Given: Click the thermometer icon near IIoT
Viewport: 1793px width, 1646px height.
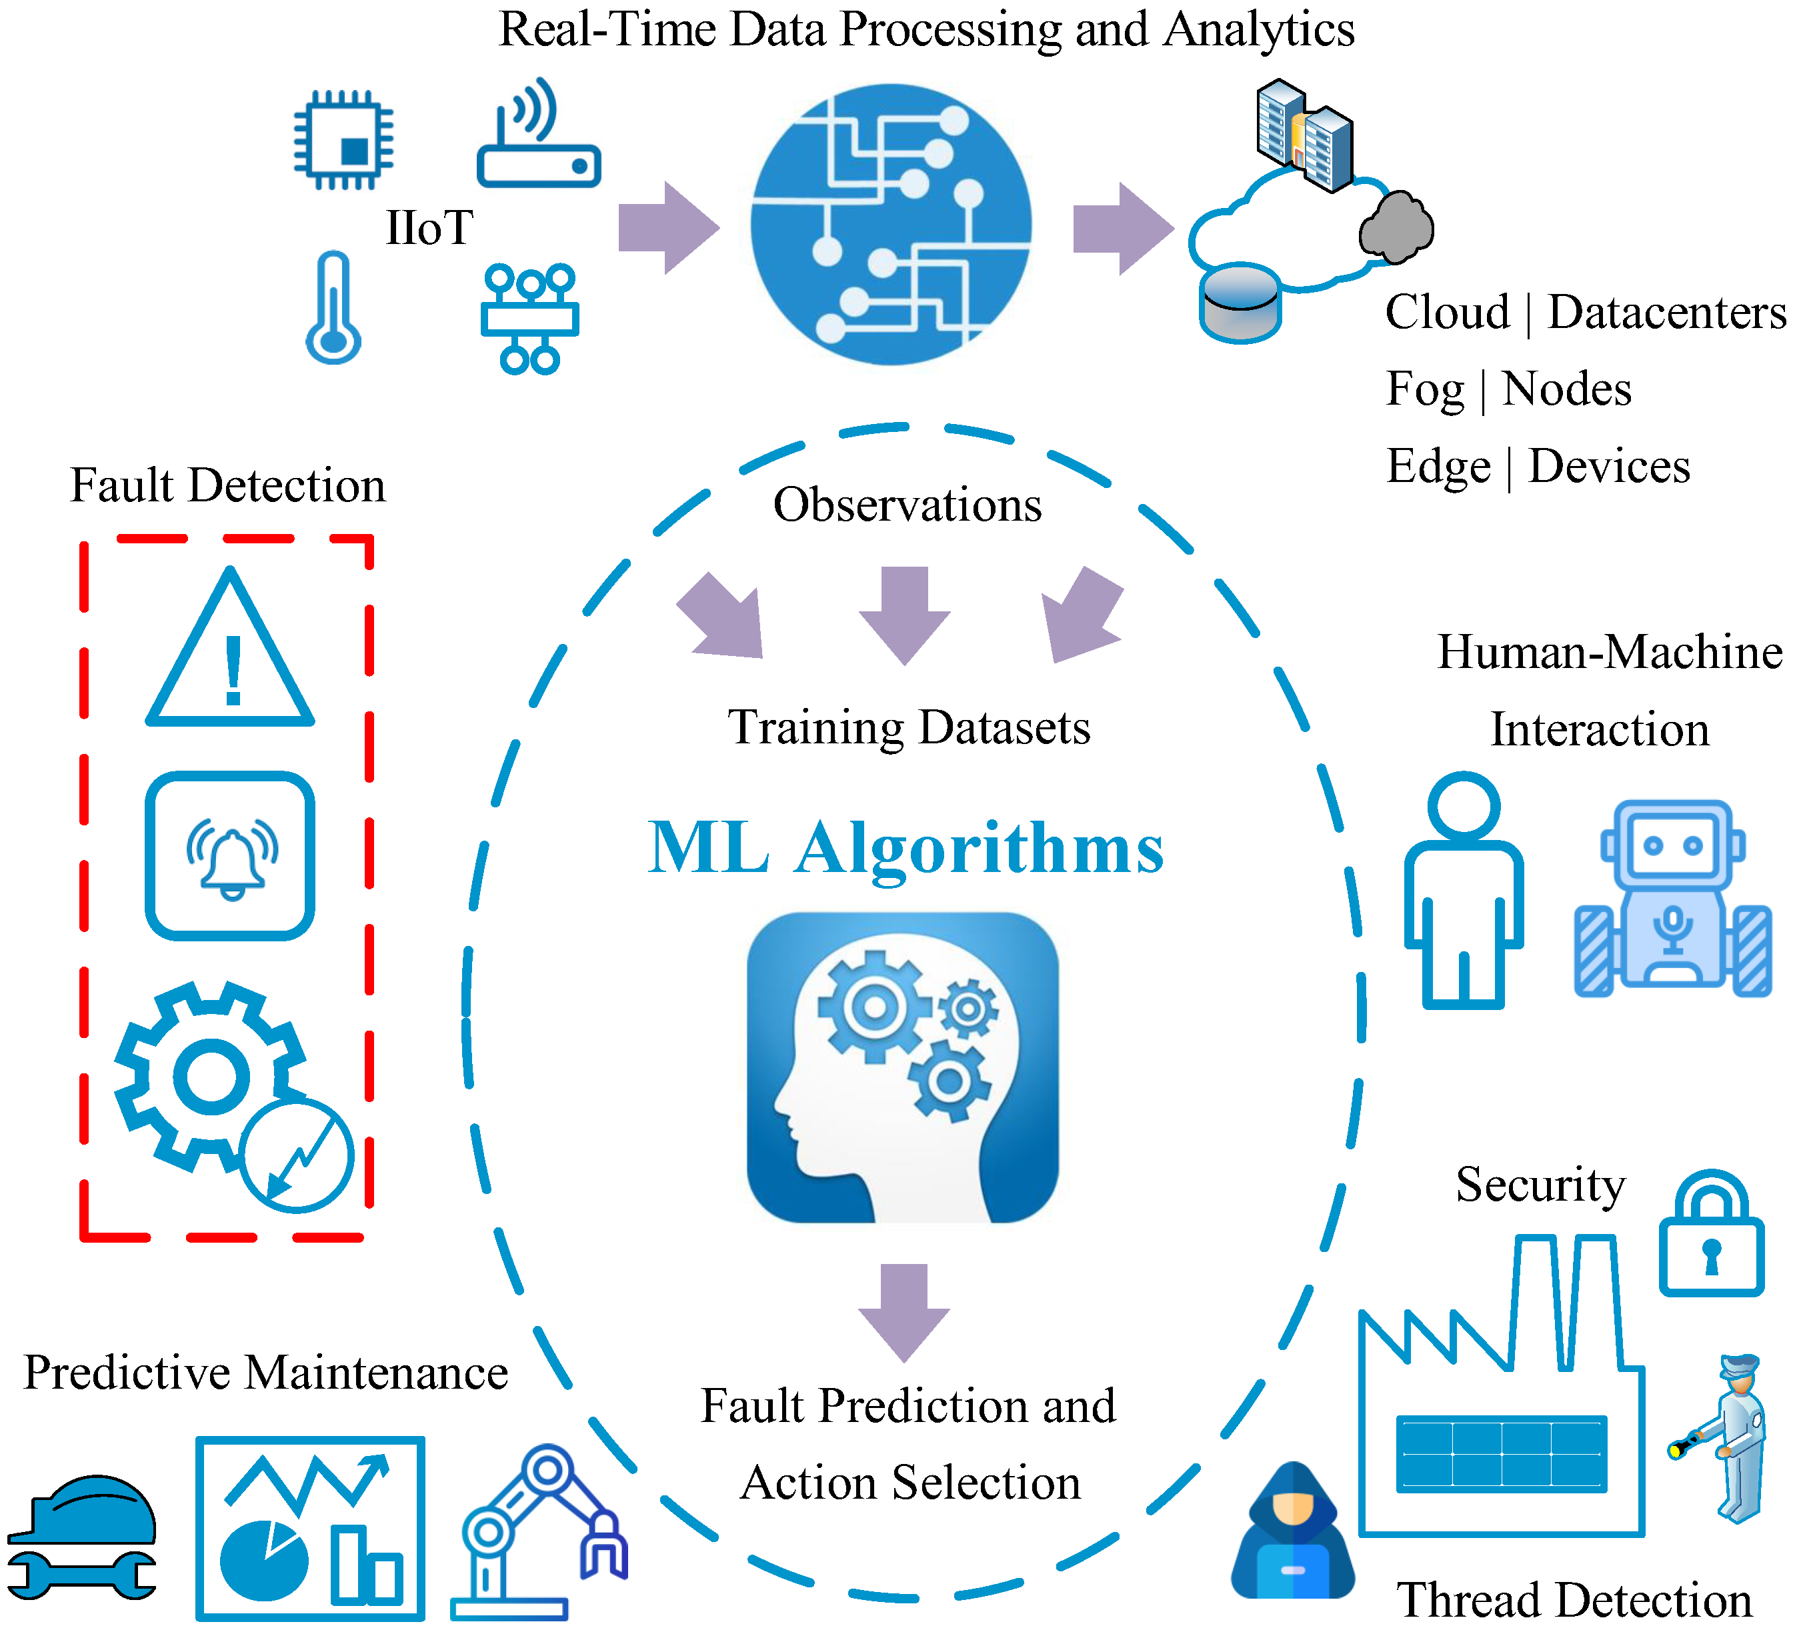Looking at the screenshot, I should tap(333, 308).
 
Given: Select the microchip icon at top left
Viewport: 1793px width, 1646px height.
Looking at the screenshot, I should tap(344, 140).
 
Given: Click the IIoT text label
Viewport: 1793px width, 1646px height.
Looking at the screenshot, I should tap(429, 228).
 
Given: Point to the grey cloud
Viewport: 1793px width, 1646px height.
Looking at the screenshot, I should tap(1396, 228).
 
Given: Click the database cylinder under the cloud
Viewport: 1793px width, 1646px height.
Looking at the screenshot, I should tap(1240, 303).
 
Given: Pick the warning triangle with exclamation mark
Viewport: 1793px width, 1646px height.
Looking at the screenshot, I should tap(230, 653).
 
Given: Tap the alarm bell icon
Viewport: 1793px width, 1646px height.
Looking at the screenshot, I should tap(231, 855).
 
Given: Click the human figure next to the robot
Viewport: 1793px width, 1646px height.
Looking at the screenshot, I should tap(1464, 891).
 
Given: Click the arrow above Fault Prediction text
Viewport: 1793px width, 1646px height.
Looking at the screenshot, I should tap(904, 1309).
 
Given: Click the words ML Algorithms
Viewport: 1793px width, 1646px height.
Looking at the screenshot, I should tap(905, 848).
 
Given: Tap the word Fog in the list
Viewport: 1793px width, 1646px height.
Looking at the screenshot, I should tap(1424, 390).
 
